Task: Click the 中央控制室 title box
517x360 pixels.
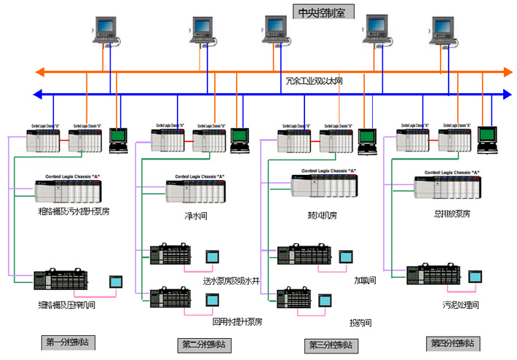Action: (320, 12)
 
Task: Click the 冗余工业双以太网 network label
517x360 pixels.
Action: (314, 81)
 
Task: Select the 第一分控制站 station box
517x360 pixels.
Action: (69, 342)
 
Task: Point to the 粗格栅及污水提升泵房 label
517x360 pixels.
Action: (74, 212)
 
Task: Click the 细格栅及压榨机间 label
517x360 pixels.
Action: (67, 305)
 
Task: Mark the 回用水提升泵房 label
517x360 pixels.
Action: (237, 321)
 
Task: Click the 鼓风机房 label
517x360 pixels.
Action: (322, 216)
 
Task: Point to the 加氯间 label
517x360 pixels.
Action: (364, 281)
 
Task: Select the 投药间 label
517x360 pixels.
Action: (360, 322)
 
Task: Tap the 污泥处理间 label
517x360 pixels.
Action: (460, 304)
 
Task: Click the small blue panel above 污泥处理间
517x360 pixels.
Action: (476, 277)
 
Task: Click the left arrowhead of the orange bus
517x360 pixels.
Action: (41, 71)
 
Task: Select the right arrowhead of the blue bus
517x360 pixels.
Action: (508, 93)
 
